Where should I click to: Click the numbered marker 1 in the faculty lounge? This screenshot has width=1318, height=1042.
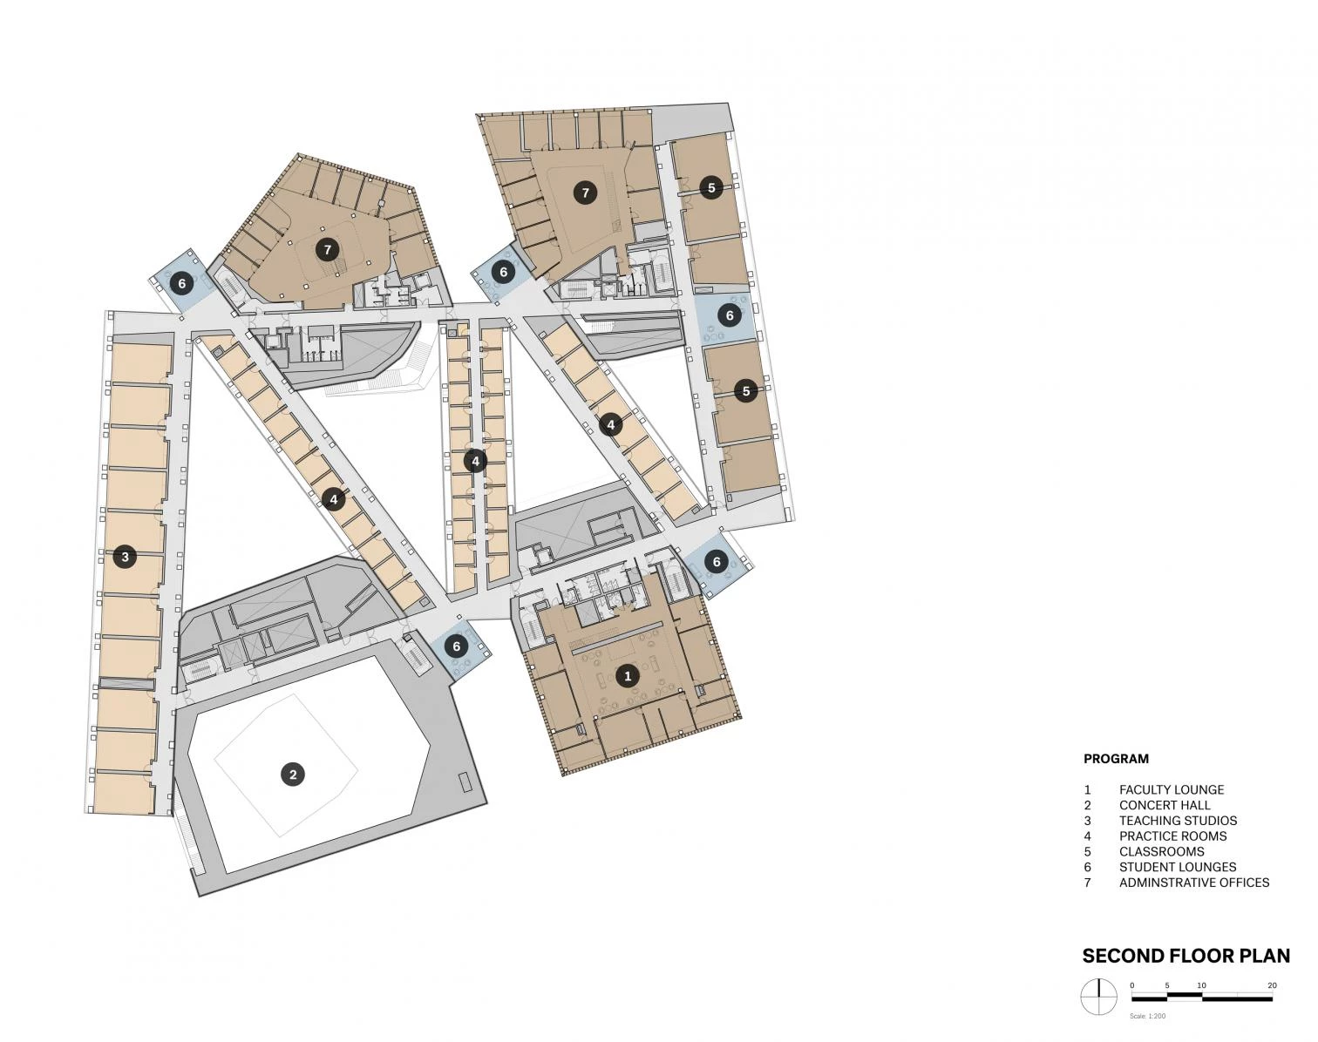point(627,676)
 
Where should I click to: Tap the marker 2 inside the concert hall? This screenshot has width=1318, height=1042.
point(293,775)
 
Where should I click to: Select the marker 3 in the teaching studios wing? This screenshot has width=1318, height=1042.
point(126,557)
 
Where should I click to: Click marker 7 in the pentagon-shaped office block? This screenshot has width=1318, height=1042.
point(328,250)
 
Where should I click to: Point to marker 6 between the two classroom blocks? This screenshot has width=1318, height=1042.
point(730,316)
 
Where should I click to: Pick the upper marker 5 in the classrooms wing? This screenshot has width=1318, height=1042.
point(711,187)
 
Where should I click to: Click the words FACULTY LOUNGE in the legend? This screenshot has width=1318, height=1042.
point(1171,789)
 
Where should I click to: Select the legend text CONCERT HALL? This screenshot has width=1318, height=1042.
point(1165,805)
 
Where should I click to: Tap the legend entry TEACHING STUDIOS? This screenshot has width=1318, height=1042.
point(1178,821)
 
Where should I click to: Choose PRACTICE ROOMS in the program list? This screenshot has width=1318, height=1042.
point(1172,836)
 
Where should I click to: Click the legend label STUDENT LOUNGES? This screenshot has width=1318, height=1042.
point(1177,867)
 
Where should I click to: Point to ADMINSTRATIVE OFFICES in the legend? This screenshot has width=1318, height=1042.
point(1194,883)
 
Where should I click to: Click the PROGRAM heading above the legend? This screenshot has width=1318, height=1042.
point(1116,759)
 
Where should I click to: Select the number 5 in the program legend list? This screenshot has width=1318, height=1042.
point(1088,851)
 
